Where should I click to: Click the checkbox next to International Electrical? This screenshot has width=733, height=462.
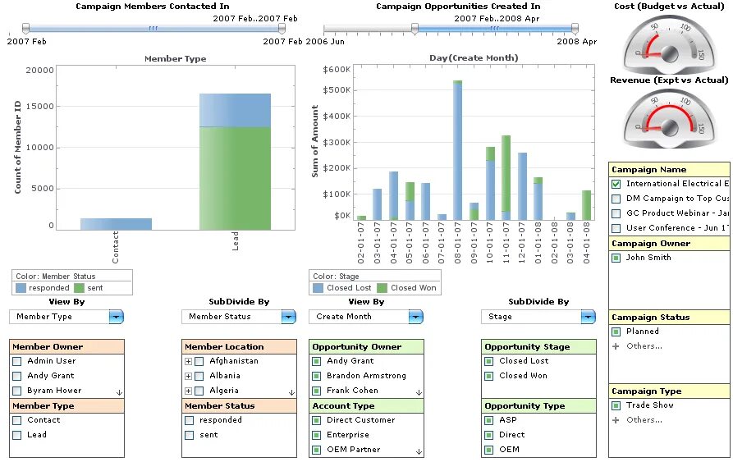pos(616,184)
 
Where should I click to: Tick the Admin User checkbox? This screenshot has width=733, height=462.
pos(16,361)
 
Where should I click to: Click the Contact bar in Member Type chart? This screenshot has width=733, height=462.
pos(116,223)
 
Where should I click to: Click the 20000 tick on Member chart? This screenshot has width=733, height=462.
pos(39,70)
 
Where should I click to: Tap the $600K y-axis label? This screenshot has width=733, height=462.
pos(337,70)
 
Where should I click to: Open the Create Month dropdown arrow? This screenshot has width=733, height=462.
pos(415,317)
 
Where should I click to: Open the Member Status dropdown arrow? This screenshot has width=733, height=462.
pos(287,317)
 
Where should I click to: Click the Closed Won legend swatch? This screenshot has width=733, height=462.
pos(383,288)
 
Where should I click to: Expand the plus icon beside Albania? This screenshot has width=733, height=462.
pos(189,376)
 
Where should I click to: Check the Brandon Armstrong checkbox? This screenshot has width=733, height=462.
pos(316,376)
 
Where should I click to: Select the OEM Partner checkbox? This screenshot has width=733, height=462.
pos(316,450)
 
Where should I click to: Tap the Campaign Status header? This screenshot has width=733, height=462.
pos(651,318)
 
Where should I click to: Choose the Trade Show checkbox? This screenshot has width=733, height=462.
pos(616,405)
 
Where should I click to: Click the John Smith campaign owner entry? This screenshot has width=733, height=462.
pos(648,258)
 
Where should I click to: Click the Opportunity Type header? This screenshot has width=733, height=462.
pos(525,406)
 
